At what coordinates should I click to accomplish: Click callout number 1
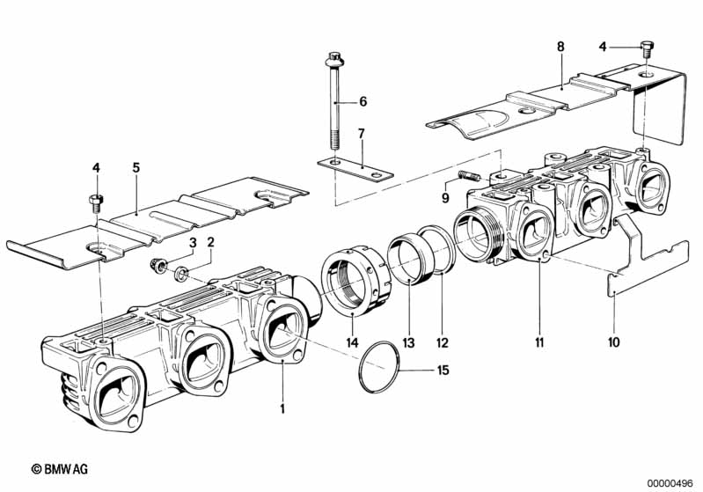click(x=282, y=408)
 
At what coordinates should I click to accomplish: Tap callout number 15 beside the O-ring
click(x=443, y=371)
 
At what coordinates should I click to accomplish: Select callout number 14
click(x=352, y=341)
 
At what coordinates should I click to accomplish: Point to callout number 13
click(x=409, y=341)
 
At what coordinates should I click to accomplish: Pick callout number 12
click(x=443, y=341)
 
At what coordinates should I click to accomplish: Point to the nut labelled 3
click(x=161, y=262)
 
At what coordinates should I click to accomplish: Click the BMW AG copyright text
click(x=65, y=472)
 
